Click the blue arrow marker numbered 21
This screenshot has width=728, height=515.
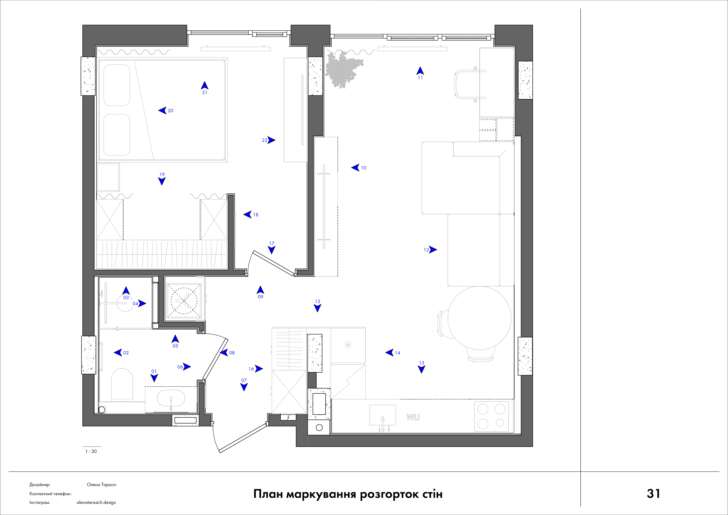[x=205, y=85]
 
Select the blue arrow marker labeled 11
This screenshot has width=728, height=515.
[x=420, y=71]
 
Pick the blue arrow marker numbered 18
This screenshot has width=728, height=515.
[x=247, y=214]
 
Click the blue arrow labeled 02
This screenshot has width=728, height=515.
[x=118, y=352]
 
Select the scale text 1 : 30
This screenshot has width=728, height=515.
[x=91, y=451]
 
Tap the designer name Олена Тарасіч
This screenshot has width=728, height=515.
[x=101, y=485]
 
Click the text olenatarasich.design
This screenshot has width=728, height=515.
[x=96, y=502]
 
